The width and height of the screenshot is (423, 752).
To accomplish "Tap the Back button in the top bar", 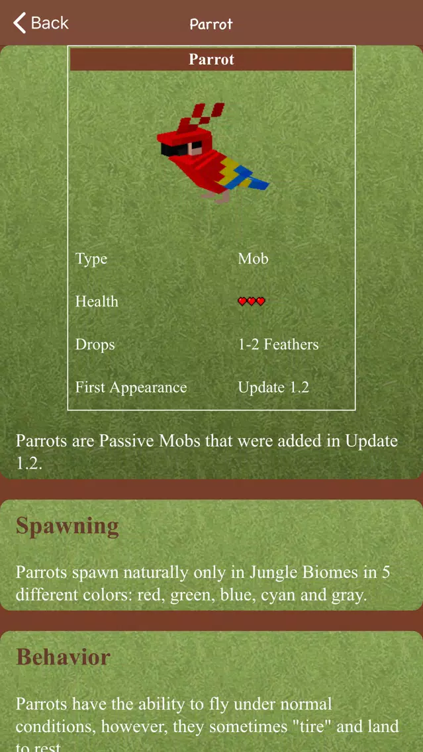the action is [x=41, y=23].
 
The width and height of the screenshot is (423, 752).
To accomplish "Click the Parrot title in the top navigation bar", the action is [x=211, y=24].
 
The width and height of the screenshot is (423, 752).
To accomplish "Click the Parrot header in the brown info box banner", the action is [x=212, y=59].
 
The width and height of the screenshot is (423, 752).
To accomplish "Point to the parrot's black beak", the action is [x=170, y=149].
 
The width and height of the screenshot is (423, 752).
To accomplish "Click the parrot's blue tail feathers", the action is [x=252, y=179].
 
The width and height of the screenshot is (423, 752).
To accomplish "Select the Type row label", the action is [x=91, y=259].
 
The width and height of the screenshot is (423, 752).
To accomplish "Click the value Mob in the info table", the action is [x=254, y=258].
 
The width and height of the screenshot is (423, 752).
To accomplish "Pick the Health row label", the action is [x=97, y=301].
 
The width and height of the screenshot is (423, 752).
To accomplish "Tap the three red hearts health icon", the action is [x=252, y=302].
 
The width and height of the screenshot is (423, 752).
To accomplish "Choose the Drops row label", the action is [x=95, y=344].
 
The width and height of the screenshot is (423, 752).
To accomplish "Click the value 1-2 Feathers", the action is [x=278, y=344].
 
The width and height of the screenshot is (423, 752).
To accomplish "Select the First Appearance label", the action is [x=131, y=387].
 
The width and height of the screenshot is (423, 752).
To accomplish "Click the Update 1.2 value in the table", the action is [x=273, y=387].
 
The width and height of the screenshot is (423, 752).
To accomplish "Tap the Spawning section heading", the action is [x=67, y=527].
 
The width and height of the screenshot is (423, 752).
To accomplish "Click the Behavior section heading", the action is [x=64, y=657].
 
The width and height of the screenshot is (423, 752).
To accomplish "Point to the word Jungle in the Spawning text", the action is [x=271, y=572].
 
